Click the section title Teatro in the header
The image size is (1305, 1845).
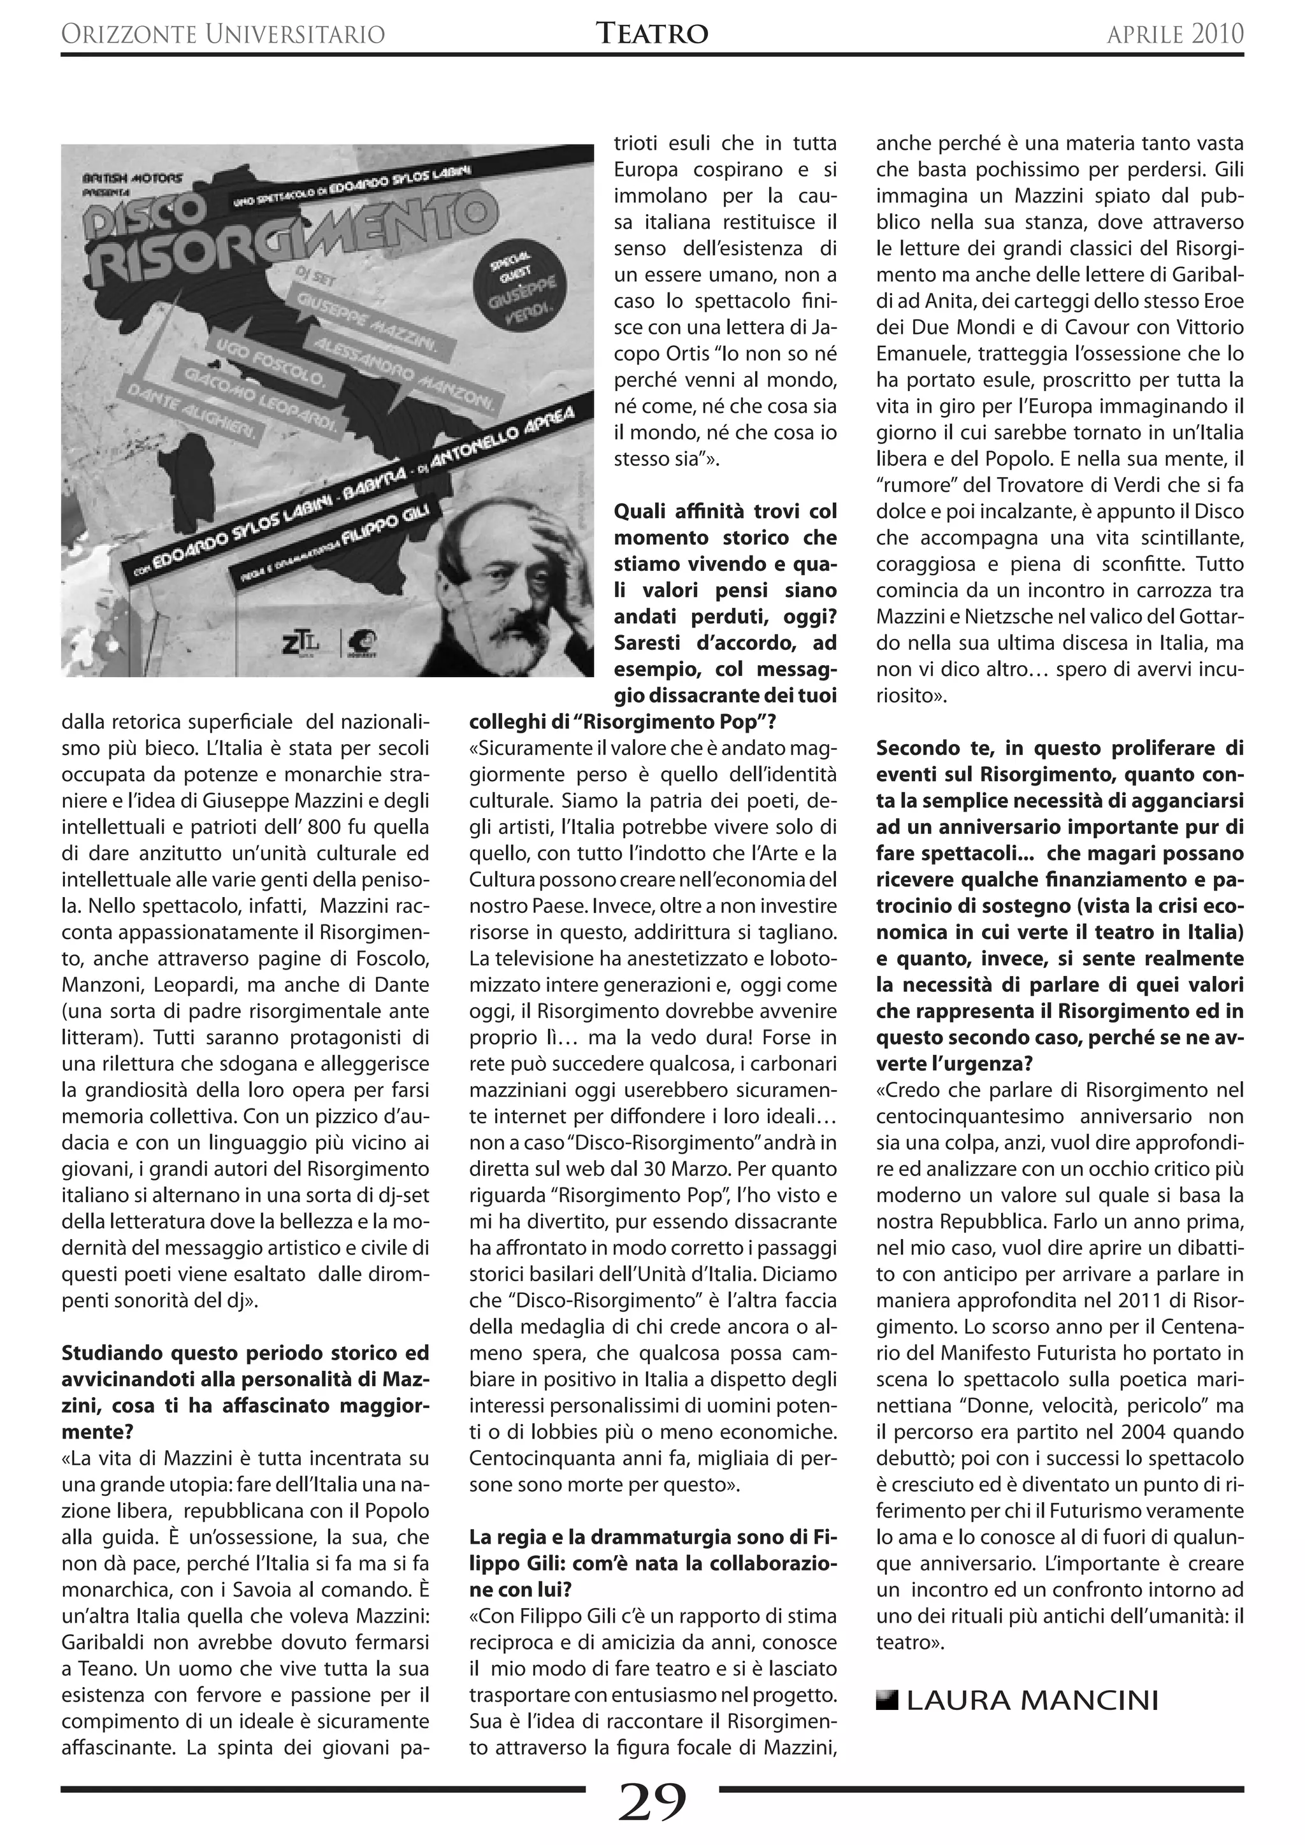coord(652,34)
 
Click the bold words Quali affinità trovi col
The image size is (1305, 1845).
coord(725,511)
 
